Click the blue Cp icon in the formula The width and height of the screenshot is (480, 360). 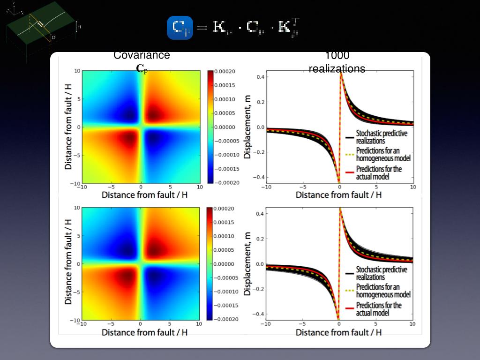pos(180,28)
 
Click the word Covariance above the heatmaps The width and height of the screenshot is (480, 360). pos(142,55)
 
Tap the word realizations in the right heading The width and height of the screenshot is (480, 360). pos(337,69)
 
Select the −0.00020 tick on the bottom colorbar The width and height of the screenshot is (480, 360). pos(225,319)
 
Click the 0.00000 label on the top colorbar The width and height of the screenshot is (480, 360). pos(225,127)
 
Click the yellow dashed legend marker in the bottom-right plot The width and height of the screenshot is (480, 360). pos(349,291)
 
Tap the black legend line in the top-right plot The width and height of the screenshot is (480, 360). pos(349,137)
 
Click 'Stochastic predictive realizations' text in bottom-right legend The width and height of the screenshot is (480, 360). pos(382,273)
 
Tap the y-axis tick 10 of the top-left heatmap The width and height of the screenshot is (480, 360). pos(77,71)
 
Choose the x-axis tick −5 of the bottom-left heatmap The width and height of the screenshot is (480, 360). pos(111,324)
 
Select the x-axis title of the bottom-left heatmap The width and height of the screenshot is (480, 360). pos(144,332)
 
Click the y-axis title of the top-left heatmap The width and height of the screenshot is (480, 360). pos(68,127)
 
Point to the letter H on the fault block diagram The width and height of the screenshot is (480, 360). pos(79,27)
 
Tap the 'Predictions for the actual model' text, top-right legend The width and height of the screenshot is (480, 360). pos(379,172)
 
